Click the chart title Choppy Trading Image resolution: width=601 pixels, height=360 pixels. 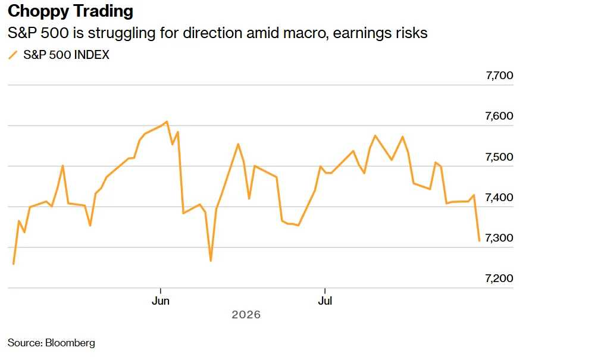click(71, 11)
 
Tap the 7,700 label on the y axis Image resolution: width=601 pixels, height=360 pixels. click(499, 76)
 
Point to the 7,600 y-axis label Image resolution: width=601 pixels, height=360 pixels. click(499, 116)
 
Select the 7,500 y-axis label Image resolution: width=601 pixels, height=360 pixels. click(499, 157)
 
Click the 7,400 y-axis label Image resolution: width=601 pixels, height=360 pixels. click(499, 198)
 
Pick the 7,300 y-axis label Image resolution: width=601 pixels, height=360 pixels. click(499, 238)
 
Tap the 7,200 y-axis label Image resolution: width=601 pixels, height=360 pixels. click(499, 278)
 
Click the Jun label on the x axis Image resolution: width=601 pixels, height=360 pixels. click(161, 301)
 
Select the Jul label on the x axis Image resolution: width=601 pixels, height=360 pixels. click(325, 301)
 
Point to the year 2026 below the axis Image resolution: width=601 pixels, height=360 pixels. click(246, 315)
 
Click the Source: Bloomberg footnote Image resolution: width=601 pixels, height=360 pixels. click(51, 343)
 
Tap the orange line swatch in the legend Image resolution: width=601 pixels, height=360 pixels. click(13, 55)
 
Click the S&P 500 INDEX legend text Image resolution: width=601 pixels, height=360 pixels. click(66, 55)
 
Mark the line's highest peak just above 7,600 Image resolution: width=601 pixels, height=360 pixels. click(167, 122)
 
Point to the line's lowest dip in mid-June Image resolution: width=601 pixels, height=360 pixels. click(211, 261)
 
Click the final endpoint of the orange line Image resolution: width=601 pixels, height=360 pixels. click(479, 241)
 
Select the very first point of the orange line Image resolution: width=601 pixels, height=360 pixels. click(14, 264)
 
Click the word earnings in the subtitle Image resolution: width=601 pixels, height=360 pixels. click(359, 33)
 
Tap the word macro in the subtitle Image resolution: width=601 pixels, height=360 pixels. click(305, 33)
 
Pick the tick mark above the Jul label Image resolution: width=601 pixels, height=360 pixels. click(325, 290)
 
